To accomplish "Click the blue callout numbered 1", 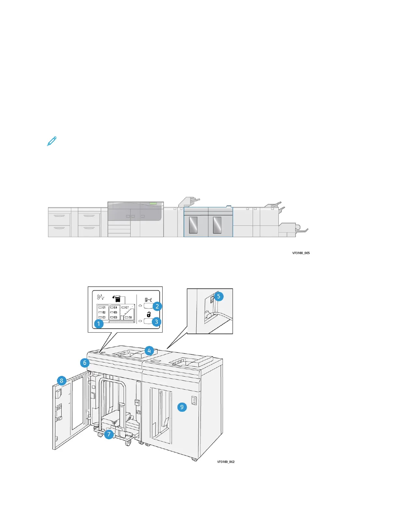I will point(98,324).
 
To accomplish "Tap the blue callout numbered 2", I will point(157,306).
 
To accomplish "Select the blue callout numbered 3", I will point(156,322).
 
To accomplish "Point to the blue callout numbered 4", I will point(149,351).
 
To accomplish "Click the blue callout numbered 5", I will point(219,296).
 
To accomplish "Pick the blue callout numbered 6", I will point(85,363).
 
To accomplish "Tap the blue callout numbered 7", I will point(109,434).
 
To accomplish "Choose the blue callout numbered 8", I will point(62,380).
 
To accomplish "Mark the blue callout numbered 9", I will point(182,407).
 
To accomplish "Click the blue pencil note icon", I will point(52,141).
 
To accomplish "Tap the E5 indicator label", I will point(115,312).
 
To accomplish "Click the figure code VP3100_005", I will point(301,253).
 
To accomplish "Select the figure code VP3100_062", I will point(226,462).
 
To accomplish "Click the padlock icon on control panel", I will point(149,315).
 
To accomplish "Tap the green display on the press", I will point(153,203).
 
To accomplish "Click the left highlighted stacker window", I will point(193,225).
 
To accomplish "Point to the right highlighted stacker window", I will point(217,225).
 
